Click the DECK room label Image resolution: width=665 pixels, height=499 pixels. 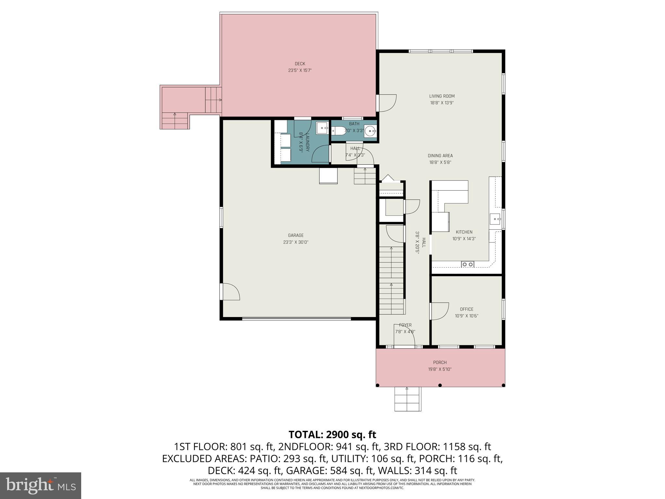(300, 64)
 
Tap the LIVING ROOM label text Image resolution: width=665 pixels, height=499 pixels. (442, 96)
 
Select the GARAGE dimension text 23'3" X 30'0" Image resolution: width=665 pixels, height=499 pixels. (295, 242)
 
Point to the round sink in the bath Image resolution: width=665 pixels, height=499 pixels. (370, 131)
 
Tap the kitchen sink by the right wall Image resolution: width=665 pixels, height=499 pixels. (495, 219)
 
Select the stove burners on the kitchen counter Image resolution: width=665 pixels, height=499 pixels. (468, 264)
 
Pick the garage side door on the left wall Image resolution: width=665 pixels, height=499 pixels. (229, 291)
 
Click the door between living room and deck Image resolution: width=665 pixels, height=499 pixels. (387, 103)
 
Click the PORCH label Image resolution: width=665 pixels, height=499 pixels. (440, 363)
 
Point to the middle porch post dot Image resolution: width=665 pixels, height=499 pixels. (440, 385)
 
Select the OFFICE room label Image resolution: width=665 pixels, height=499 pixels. (466, 309)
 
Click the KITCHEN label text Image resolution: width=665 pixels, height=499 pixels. (464, 232)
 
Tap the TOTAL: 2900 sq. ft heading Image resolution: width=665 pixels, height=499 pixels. (332, 434)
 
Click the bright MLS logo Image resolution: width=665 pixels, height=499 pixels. (40, 485)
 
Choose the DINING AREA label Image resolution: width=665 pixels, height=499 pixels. (440, 156)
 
